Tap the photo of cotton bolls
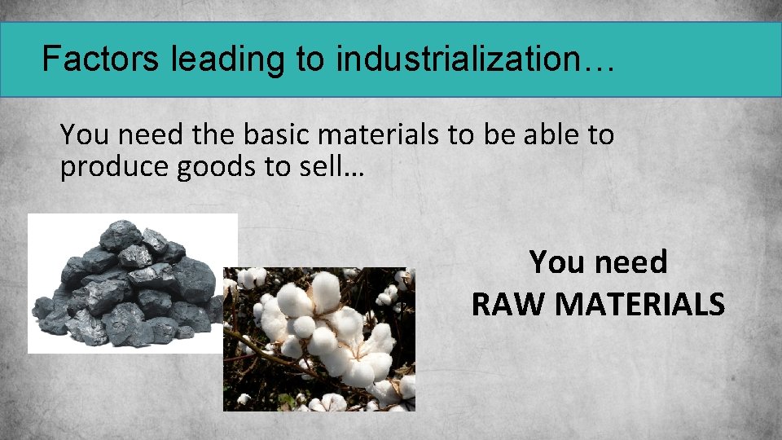[319, 339]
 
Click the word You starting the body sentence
[80, 135]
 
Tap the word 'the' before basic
[186, 135]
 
